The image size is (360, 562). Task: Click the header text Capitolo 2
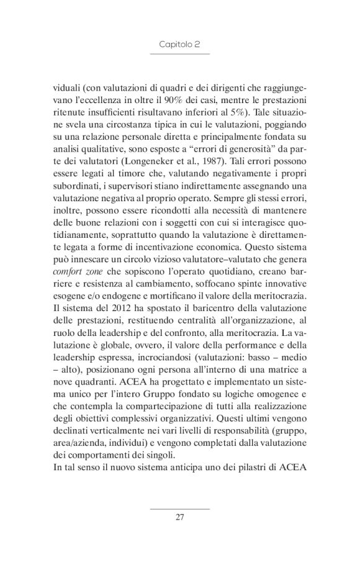coord(179,45)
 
